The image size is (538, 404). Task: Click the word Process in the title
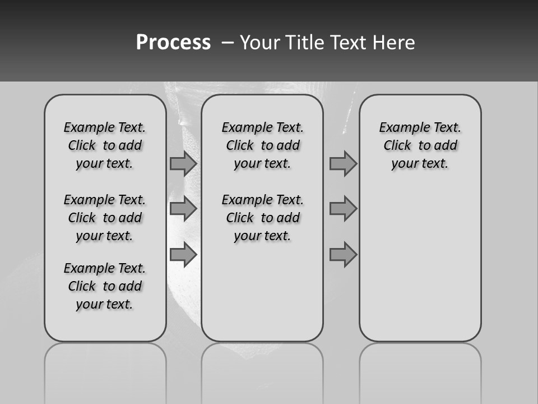tap(173, 43)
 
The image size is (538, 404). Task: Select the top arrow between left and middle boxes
tap(183, 163)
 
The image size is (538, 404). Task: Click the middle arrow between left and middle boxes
tap(183, 209)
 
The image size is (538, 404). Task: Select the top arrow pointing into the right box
tap(343, 163)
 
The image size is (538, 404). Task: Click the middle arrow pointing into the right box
tap(343, 209)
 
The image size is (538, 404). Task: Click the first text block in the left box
tap(105, 145)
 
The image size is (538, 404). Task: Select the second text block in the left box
tap(105, 218)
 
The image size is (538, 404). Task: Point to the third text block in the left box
tap(105, 286)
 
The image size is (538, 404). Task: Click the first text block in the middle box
tap(263, 145)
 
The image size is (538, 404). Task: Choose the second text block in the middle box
tap(263, 218)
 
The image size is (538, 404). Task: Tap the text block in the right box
tap(420, 145)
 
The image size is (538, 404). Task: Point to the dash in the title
tap(228, 43)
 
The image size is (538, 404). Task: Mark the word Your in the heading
tap(261, 43)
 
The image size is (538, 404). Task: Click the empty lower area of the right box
tap(420, 269)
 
